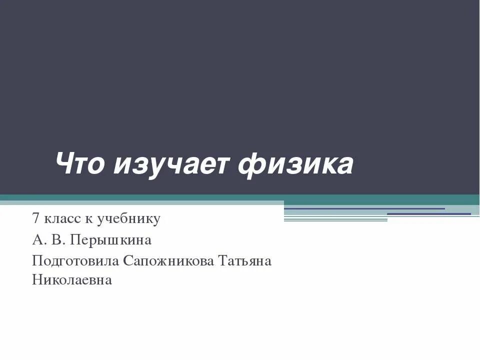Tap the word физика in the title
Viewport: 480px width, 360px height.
295,165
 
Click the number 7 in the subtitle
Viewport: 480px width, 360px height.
35,218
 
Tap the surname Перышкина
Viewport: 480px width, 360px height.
110,240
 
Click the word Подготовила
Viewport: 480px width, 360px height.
75,261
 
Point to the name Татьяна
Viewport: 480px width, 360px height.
245,261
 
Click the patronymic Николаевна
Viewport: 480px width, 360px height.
72,280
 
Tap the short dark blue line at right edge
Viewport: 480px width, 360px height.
429,214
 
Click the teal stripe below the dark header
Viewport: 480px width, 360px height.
240,198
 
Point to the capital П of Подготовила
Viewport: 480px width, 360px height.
37,261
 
